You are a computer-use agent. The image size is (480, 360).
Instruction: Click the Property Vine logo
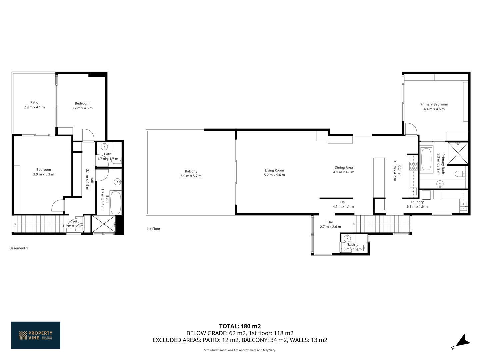pos(35,335)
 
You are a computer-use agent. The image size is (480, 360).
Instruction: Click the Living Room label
pos(274,170)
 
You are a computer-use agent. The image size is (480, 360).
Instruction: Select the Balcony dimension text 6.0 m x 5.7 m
pos(191,176)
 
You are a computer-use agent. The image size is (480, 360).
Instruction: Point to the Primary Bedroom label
pos(434,104)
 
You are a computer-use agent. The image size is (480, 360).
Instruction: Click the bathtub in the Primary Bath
pos(426,159)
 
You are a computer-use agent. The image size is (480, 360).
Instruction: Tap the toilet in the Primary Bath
pos(460,174)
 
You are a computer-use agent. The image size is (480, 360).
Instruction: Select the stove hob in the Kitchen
pos(413,166)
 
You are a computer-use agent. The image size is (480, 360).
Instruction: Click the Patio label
pos(34,102)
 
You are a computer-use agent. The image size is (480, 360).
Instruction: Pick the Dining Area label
pos(344,167)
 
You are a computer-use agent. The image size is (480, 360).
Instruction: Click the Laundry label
pos(417,202)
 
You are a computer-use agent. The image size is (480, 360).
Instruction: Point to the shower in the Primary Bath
pos(458,153)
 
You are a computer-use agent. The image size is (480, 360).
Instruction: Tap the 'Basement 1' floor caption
pos(19,248)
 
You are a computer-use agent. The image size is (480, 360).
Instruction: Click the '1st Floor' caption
pos(153,229)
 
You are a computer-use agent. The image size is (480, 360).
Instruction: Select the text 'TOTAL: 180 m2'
pos(240,326)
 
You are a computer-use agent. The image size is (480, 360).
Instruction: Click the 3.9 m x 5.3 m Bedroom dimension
pos(44,174)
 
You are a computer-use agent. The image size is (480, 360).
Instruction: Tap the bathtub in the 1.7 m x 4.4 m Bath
pos(115,203)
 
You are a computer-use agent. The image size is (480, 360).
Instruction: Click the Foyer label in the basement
pos(73,221)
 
